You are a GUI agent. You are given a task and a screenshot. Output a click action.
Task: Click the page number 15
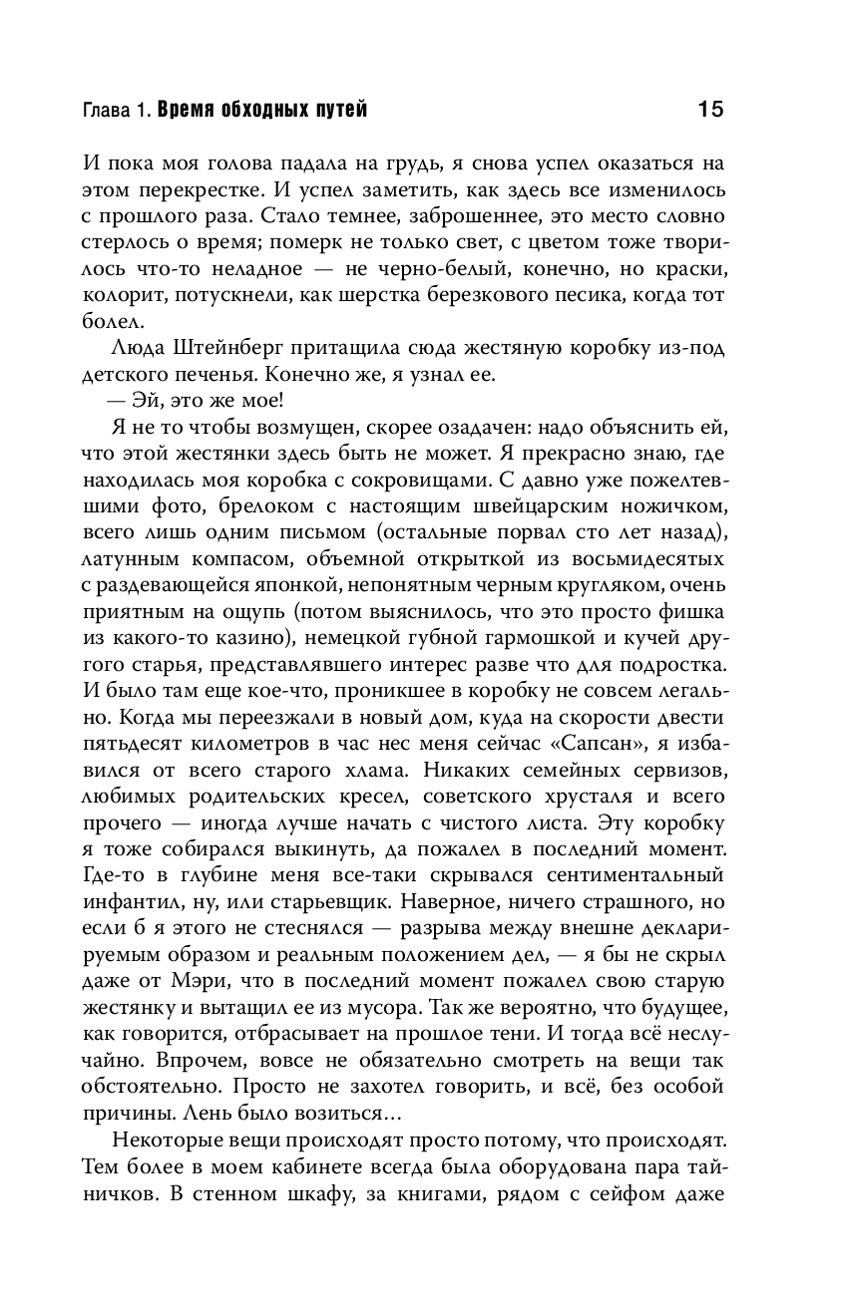click(709, 109)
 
